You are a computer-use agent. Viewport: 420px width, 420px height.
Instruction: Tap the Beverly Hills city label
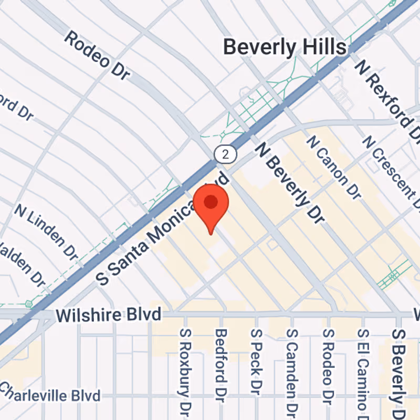285,47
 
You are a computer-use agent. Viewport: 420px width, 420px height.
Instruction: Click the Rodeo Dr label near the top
97,55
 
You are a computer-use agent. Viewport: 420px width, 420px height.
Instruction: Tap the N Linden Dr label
46,232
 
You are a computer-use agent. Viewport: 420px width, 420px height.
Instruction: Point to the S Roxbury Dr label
184,371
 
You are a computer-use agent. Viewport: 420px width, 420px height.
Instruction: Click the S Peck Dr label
256,362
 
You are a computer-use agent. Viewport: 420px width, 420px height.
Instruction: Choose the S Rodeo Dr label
328,367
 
